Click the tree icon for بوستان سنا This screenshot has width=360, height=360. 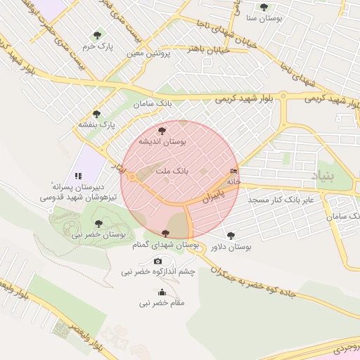[x=264, y=7]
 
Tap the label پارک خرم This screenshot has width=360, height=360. [x=97, y=46]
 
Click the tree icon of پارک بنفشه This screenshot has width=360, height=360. [x=96, y=113]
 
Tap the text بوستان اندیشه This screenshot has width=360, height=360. [x=162, y=141]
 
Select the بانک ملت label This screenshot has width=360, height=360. [x=171, y=171]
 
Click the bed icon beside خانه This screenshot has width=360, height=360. [x=233, y=171]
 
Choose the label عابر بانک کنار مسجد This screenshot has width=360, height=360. [x=284, y=200]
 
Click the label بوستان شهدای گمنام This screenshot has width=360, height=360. [x=165, y=245]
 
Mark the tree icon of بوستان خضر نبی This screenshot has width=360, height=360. [x=98, y=223]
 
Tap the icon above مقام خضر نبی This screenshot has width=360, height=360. [x=162, y=292]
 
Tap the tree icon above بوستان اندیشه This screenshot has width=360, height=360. [x=162, y=130]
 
